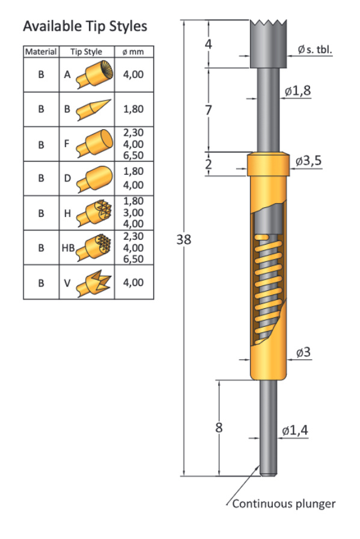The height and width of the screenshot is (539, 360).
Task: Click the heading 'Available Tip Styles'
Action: pyautogui.click(x=85, y=27)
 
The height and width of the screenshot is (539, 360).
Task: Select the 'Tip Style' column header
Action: pyautogui.click(x=86, y=52)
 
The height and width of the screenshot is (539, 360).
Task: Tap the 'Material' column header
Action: pyautogui.click(x=41, y=52)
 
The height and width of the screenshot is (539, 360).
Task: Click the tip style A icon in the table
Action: pyautogui.click(x=95, y=75)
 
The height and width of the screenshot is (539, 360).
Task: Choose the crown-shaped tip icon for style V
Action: pyautogui.click(x=94, y=282)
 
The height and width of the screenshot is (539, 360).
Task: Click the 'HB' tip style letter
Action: pyautogui.click(x=67, y=248)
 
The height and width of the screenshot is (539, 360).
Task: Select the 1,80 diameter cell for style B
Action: pyautogui.click(x=133, y=109)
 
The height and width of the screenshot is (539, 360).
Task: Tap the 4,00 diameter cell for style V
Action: pyautogui.click(x=133, y=282)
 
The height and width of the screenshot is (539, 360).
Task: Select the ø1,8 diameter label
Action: pyautogui.click(x=297, y=91)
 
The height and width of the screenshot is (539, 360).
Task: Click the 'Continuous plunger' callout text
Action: pyautogui.click(x=284, y=504)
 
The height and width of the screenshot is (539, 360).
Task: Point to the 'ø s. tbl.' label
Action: pyautogui.click(x=314, y=50)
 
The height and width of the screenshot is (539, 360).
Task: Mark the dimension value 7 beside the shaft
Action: pyautogui.click(x=209, y=111)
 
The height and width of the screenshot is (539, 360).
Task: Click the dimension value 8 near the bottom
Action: pyautogui.click(x=219, y=428)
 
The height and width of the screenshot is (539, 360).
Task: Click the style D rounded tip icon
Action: pyautogui.click(x=95, y=178)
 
